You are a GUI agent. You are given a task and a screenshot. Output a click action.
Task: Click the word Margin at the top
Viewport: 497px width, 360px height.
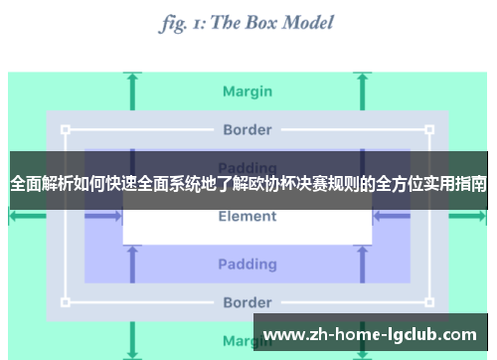pos(248,91)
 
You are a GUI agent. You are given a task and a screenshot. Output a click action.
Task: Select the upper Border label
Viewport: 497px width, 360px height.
pos(248,129)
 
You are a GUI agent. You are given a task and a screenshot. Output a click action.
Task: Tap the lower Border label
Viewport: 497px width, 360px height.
pos(248,302)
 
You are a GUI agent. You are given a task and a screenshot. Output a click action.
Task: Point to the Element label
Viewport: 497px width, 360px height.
pos(248,216)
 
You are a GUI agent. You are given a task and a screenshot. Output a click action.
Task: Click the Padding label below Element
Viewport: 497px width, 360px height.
pos(248,264)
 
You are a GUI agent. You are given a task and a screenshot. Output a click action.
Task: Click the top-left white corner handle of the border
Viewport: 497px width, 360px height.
pos(66,129)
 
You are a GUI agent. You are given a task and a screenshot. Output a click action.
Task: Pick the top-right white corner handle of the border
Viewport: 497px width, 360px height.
pos(429,129)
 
